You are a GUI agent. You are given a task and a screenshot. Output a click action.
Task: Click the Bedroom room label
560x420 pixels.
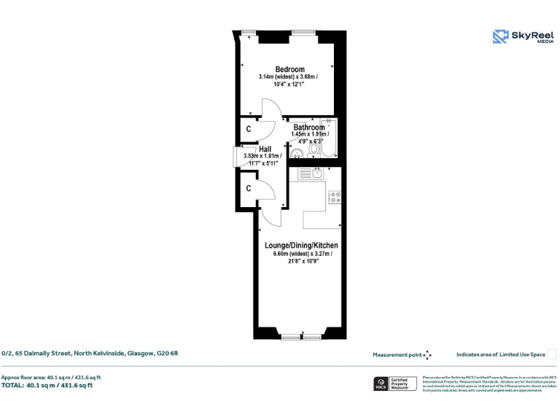(x=289, y=69)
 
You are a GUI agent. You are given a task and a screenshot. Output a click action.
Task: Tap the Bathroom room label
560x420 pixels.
(x=309, y=128)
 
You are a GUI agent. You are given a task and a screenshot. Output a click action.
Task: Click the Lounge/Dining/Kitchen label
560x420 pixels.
(x=301, y=246)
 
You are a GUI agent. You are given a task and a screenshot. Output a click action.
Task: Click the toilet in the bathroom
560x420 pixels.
(x=314, y=149)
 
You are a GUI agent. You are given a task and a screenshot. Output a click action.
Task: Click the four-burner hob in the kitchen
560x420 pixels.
(x=335, y=195)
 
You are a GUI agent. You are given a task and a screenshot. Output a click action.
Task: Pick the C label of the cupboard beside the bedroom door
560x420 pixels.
(x=249, y=129)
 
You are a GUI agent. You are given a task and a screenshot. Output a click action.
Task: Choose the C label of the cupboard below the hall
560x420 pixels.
(x=249, y=188)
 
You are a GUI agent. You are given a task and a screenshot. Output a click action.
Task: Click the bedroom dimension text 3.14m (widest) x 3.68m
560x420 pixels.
(x=288, y=77)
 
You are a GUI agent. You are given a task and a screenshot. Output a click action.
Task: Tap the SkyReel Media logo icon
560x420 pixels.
(x=501, y=37)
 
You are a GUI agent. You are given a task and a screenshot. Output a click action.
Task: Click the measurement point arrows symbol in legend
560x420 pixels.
(x=428, y=354)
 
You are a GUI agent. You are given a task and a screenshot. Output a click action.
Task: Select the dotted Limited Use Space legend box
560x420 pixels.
(x=552, y=354)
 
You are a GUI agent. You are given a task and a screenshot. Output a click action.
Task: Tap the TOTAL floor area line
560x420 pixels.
(x=47, y=385)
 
